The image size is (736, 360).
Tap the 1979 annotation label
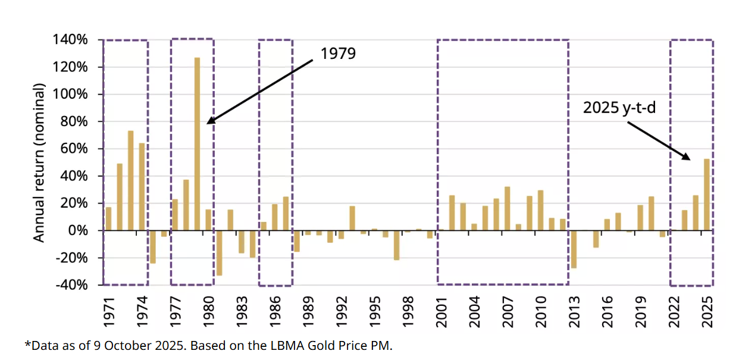(x=338, y=53)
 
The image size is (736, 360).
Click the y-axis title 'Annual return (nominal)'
(x=39, y=162)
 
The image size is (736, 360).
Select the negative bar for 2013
(x=574, y=249)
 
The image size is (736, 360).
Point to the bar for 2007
(x=508, y=208)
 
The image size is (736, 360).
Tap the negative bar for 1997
(x=396, y=245)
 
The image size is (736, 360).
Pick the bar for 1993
(x=352, y=218)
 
